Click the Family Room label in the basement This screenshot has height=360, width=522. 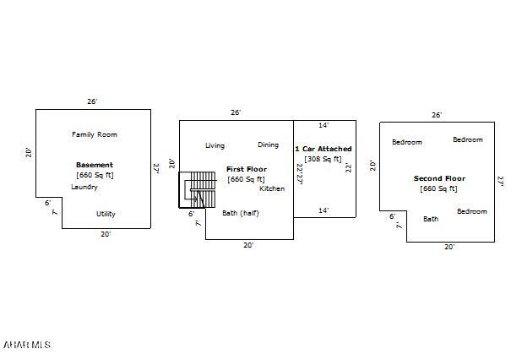(x=95, y=134)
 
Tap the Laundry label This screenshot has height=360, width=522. (x=84, y=187)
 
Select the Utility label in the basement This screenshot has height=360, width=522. (x=106, y=214)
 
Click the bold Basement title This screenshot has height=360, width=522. (x=95, y=165)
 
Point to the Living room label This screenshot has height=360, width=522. (x=215, y=145)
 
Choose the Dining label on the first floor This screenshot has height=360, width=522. (x=268, y=145)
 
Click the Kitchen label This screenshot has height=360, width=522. (x=272, y=188)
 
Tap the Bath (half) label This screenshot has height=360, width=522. (x=241, y=213)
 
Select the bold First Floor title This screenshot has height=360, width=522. (x=246, y=169)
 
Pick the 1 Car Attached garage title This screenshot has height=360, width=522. (x=324, y=149)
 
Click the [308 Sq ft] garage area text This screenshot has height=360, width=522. (x=324, y=159)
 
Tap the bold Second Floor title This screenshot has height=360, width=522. (x=439, y=178)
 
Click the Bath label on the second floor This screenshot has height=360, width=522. (x=431, y=219)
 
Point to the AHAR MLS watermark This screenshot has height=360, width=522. (x=27, y=345)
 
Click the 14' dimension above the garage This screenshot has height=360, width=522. (x=324, y=125)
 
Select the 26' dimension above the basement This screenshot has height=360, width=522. (x=93, y=101)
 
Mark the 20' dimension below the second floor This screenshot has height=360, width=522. (x=449, y=247)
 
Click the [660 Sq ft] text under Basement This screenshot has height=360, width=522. (x=95, y=175)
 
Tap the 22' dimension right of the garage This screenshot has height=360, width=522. (x=348, y=167)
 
